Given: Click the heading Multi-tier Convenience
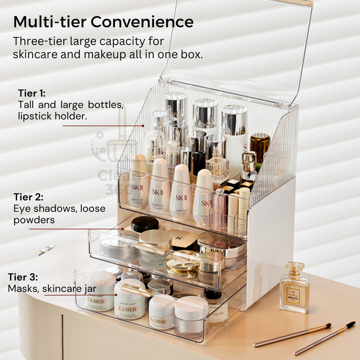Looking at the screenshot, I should (x=103, y=22).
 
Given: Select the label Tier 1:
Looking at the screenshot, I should (x=32, y=94).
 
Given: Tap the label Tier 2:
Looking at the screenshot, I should (x=28, y=197).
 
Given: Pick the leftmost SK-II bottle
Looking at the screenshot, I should (x=138, y=183).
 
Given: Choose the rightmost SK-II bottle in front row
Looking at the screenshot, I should (x=203, y=199).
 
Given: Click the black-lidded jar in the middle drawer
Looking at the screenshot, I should (x=144, y=224).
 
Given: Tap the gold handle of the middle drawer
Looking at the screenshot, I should (x=152, y=248).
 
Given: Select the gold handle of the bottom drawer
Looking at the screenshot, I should (x=137, y=290).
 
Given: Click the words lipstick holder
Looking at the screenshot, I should (x=52, y=116).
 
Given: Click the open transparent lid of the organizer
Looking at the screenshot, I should (x=236, y=49).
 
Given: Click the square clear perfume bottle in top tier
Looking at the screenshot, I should (x=218, y=169).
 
